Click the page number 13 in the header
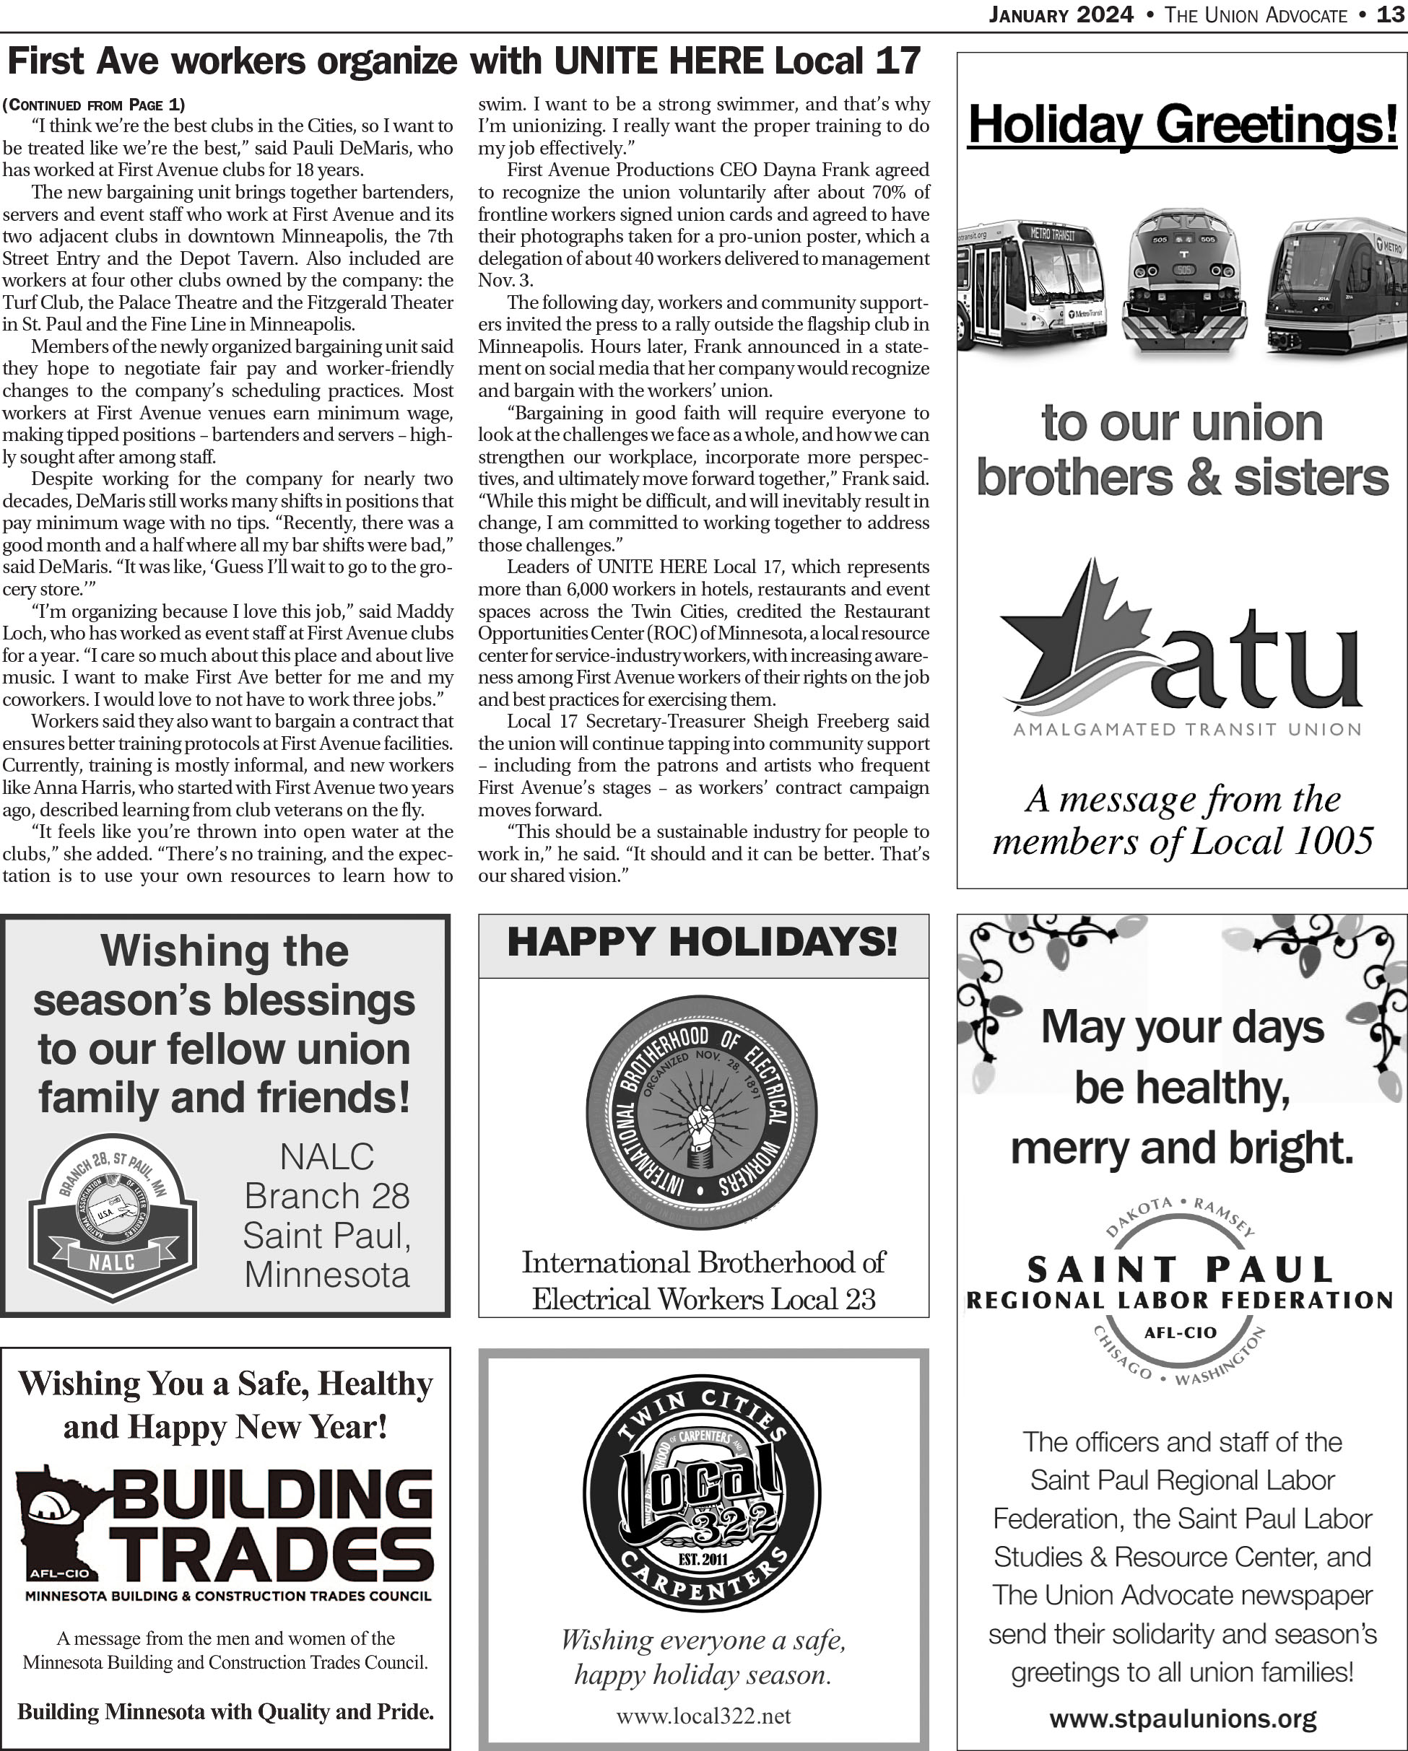click(1391, 15)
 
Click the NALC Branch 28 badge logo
click(112, 1215)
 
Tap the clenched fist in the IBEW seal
click(700, 1124)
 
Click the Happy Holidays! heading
click(703, 942)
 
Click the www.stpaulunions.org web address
click(1182, 1719)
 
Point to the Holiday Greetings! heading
click(1182, 126)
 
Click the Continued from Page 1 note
click(93, 105)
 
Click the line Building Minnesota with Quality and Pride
click(225, 1711)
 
